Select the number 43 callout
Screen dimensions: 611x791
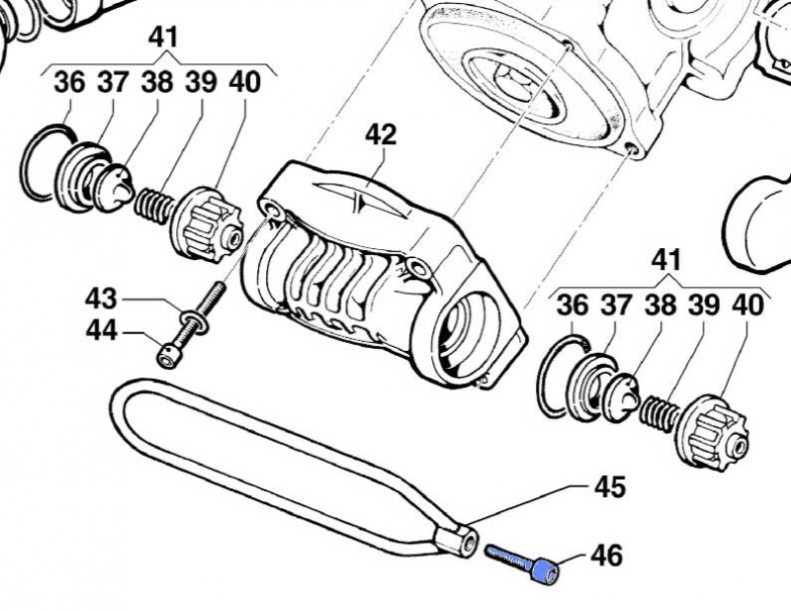pyautogui.click(x=101, y=298)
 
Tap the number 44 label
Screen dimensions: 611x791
pyautogui.click(x=101, y=331)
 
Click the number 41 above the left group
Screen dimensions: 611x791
pyautogui.click(x=163, y=39)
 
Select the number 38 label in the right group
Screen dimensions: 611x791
pyautogui.click(x=659, y=305)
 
